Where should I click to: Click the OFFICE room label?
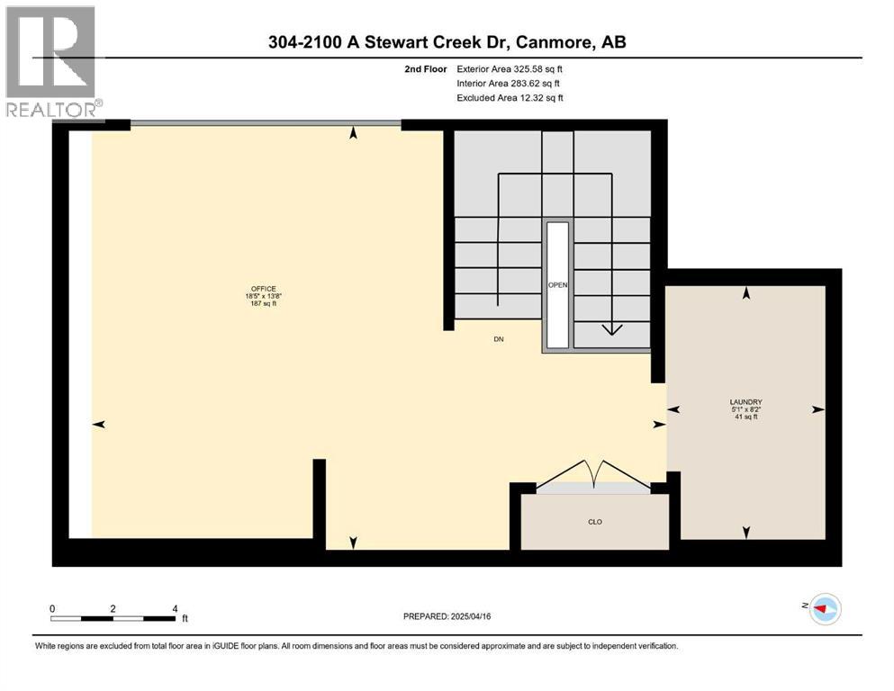pos(264,289)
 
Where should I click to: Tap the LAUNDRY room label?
pos(745,401)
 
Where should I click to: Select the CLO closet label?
pos(595,522)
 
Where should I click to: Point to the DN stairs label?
pos(499,339)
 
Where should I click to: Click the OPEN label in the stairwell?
pos(557,285)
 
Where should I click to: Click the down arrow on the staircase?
pos(612,329)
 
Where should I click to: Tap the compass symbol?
pos(825,608)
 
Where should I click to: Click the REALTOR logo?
pos(54,61)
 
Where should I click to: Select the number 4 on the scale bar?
pos(175,609)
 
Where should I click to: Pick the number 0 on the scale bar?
pos(52,609)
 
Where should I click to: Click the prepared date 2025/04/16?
pos(470,616)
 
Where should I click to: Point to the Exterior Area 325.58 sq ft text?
pos(510,69)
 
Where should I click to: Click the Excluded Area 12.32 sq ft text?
pos(510,97)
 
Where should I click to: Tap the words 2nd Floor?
pos(425,69)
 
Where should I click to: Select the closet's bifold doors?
pos(593,474)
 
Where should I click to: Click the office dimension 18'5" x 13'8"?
pos(264,296)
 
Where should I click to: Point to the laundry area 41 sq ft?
pos(745,417)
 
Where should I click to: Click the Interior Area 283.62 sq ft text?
pos(508,83)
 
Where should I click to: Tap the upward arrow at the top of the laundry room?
pos(745,292)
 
